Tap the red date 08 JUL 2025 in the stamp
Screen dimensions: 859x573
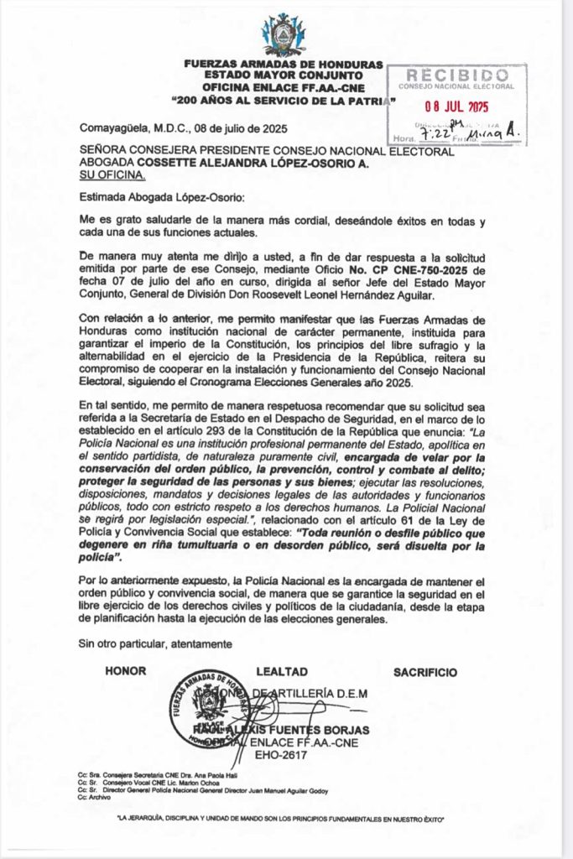(x=456, y=107)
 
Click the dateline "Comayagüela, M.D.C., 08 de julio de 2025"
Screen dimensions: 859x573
(x=183, y=128)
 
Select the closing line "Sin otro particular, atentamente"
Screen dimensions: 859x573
(x=154, y=643)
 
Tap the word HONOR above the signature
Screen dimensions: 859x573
(x=126, y=672)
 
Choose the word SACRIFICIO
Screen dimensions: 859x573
(x=425, y=672)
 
